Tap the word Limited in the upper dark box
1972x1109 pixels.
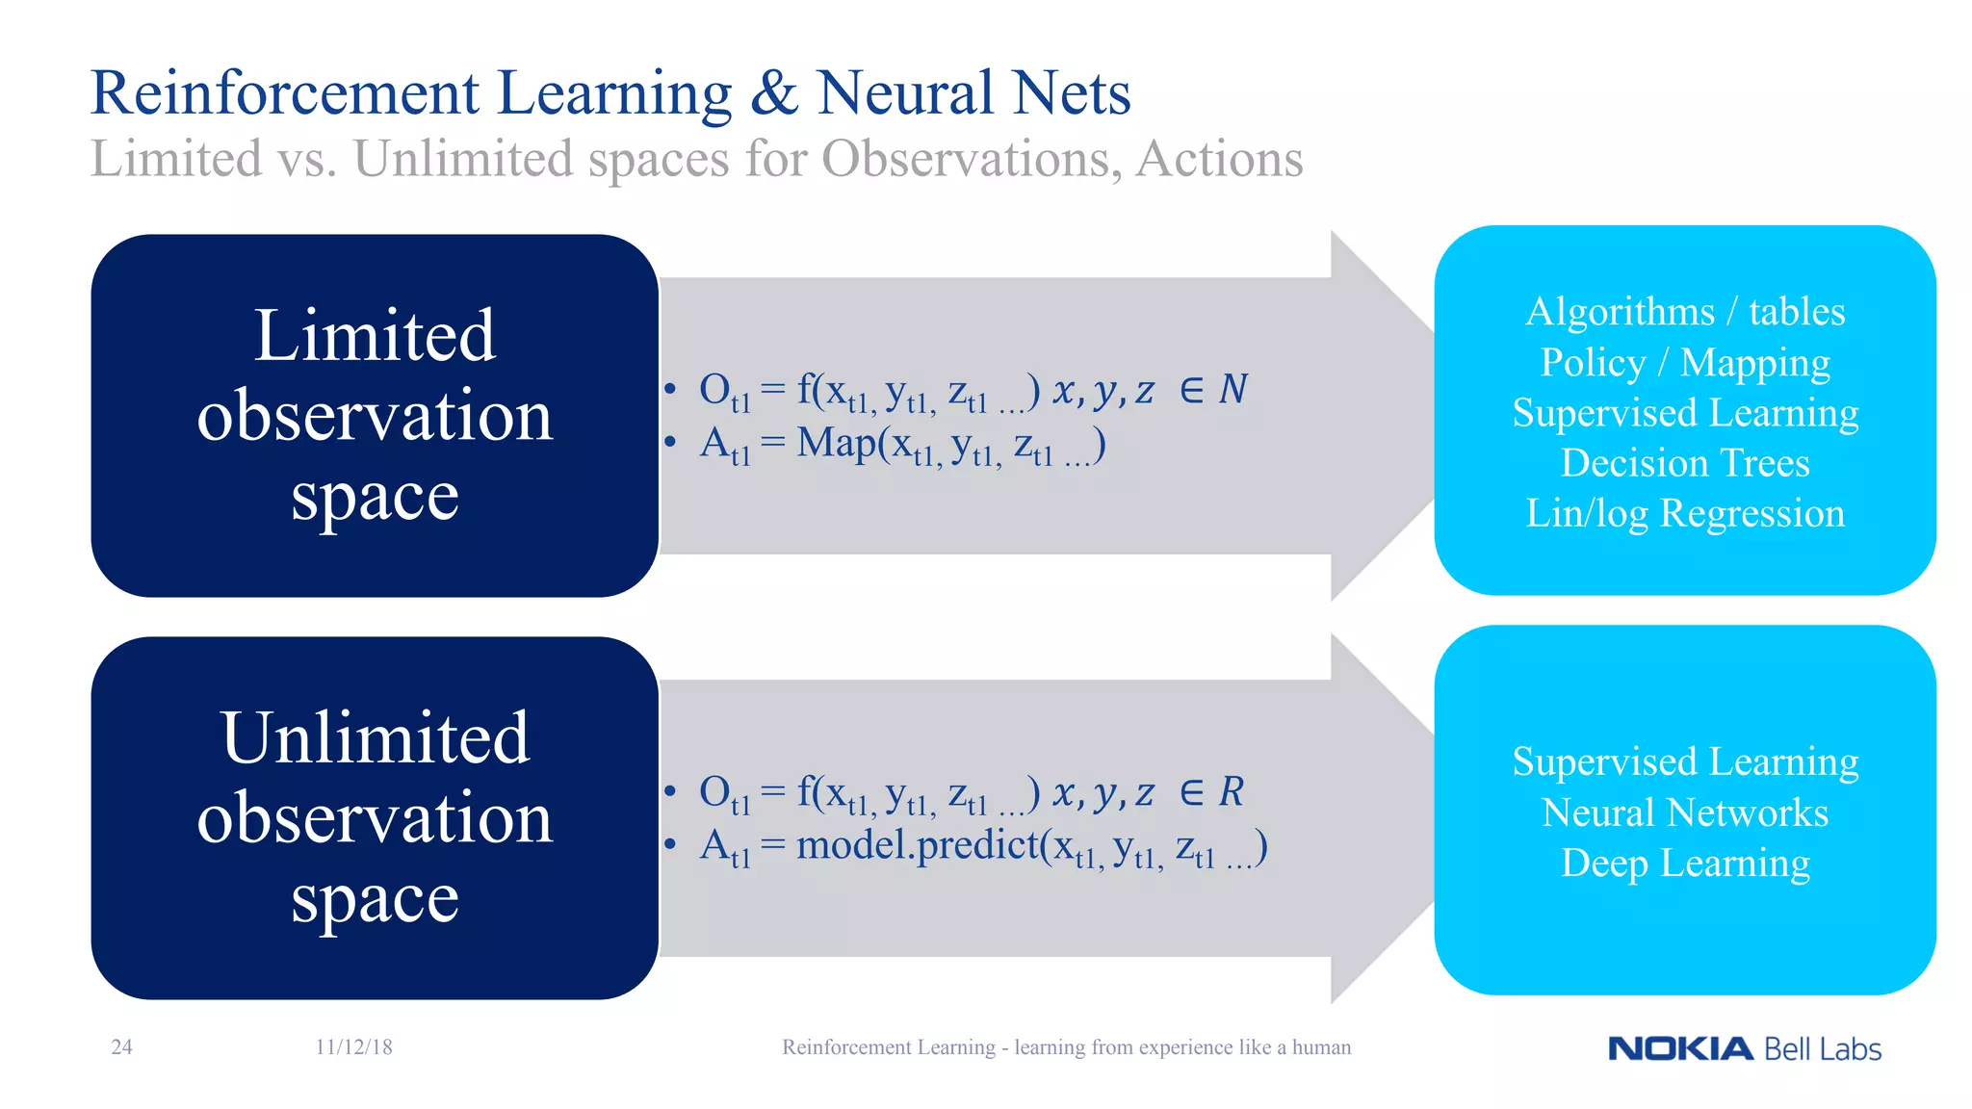(375, 336)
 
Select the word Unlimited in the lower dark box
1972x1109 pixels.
(375, 738)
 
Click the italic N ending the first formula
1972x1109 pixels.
(1232, 390)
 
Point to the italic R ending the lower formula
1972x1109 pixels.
(1232, 792)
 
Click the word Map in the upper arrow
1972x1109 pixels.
(836, 444)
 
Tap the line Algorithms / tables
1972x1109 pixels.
(1685, 312)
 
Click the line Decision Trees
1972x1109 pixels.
(1685, 463)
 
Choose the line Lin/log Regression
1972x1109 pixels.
(1685, 514)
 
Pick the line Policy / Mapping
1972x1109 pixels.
(1685, 363)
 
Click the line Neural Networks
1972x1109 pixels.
(1685, 813)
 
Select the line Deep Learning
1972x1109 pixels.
(1685, 864)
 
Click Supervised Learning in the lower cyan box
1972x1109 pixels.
(1685, 762)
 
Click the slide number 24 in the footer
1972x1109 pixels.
(122, 1047)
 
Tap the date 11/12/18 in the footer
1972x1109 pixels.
(353, 1047)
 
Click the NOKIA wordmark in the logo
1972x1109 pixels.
(1680, 1049)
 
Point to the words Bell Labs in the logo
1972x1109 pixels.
(1823, 1049)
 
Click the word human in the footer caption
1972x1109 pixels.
(1321, 1047)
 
